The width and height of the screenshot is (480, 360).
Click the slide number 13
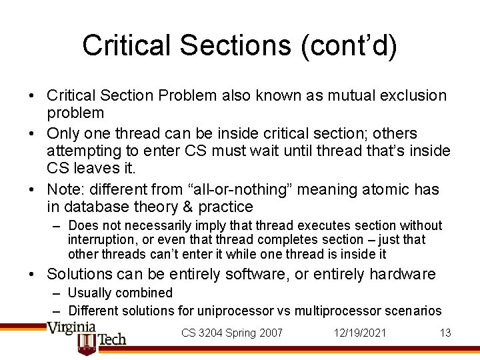pyautogui.click(x=445, y=333)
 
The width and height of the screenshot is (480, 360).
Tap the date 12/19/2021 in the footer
pyautogui.click(x=361, y=333)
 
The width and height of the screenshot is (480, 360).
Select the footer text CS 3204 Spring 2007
pyautogui.click(x=232, y=333)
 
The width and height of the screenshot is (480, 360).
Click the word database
pyautogui.click(x=95, y=207)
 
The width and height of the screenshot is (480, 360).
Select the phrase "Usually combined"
pyautogui.click(x=120, y=293)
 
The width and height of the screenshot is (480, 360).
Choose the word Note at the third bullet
pyautogui.click(x=64, y=189)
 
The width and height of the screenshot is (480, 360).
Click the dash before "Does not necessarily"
pyautogui.click(x=58, y=226)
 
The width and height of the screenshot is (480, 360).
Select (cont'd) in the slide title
pyautogui.click(x=349, y=45)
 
